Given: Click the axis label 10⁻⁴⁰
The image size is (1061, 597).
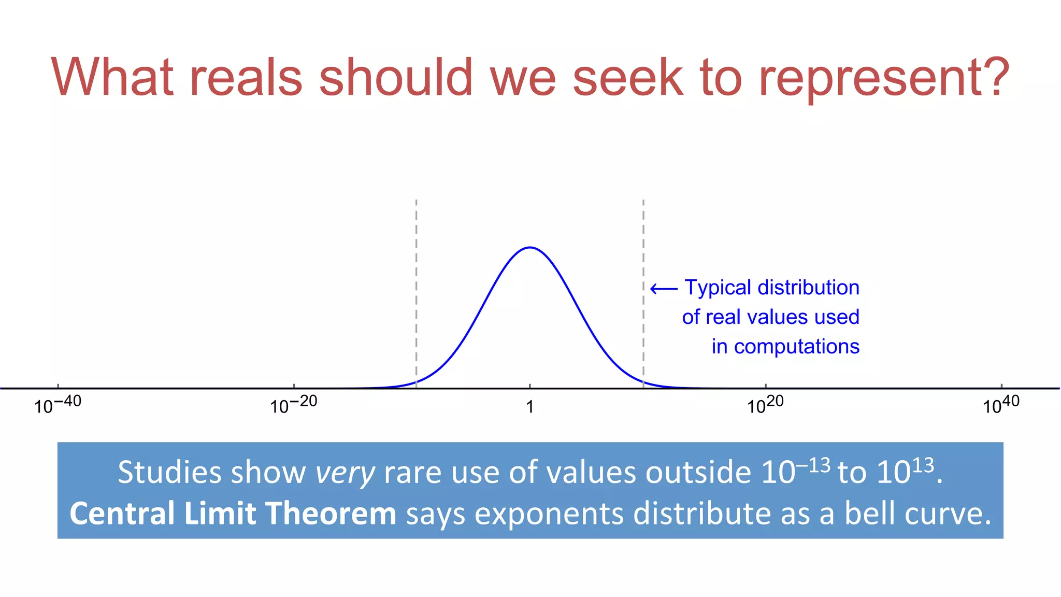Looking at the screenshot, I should point(58,405).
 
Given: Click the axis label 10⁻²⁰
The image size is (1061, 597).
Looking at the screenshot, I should point(293,405).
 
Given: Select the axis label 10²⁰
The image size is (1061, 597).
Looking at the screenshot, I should point(765,405).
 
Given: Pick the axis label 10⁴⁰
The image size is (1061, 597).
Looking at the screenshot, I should point(1001,405).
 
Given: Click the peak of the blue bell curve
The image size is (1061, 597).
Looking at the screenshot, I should point(530,248).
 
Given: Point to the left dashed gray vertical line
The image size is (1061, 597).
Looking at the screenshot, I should point(416,290).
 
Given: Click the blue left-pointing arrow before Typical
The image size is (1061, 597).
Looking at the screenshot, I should point(664,289).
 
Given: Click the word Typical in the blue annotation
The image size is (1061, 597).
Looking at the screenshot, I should point(718,288).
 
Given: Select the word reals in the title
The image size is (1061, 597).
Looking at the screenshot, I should point(246,78).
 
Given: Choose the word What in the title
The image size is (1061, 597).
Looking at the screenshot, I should point(112,78).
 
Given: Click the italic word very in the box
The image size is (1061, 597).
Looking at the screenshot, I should point(345,473).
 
